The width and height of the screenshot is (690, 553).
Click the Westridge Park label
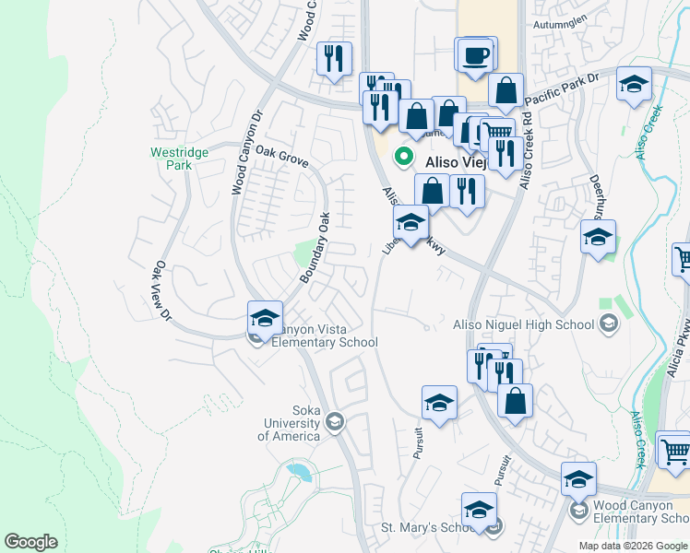click(x=172, y=159)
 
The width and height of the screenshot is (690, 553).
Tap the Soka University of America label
click(x=292, y=422)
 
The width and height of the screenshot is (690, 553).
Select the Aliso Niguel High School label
click(x=523, y=324)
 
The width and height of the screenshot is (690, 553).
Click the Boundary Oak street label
click(x=315, y=248)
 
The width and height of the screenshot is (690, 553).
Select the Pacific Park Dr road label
click(x=562, y=90)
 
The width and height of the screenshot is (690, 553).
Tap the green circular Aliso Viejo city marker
click(x=403, y=157)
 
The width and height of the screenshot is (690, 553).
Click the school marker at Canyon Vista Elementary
click(x=265, y=318)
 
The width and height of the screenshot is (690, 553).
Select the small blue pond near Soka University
click(x=298, y=473)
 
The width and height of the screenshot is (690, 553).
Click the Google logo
click(x=31, y=543)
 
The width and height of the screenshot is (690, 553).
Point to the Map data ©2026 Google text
click(x=632, y=546)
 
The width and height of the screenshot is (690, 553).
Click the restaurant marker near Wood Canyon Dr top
click(x=333, y=58)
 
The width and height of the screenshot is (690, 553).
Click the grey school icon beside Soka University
click(x=334, y=422)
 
